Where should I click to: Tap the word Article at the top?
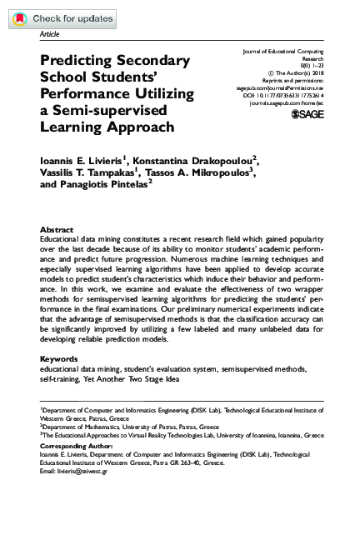click(x=49, y=35)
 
